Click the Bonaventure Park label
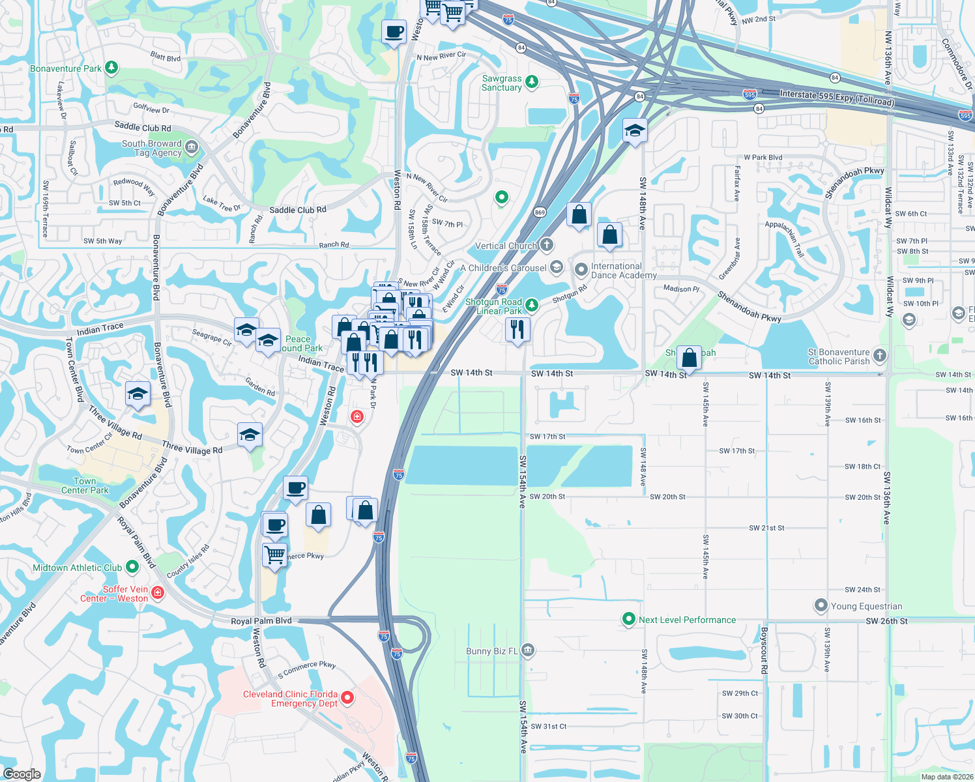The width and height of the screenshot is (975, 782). click(66, 68)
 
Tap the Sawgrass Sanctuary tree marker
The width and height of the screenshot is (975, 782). click(532, 81)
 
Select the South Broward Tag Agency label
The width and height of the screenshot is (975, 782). click(151, 148)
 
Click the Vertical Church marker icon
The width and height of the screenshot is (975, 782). click(547, 245)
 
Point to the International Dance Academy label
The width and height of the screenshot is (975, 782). click(624, 270)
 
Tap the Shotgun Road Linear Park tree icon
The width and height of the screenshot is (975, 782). click(532, 304)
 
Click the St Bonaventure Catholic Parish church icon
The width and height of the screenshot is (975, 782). click(880, 355)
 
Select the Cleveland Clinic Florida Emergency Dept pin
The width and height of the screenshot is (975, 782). click(347, 698)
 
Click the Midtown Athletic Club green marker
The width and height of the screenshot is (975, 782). click(132, 567)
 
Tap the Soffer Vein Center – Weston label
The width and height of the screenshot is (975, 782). click(115, 594)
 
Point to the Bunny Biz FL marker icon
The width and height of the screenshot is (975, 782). click(528, 650)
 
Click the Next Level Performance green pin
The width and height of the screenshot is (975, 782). click(628, 619)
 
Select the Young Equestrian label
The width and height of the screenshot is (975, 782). click(866, 606)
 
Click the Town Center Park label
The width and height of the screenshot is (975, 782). click(85, 485)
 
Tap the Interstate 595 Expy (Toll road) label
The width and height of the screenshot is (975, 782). click(837, 98)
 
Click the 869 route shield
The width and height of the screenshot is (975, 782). click(540, 212)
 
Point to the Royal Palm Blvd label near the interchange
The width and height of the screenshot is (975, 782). click(261, 621)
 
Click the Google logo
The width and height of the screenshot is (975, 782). click(22, 774)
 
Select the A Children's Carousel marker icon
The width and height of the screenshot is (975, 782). click(556, 267)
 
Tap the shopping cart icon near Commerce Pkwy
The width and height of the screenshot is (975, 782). click(274, 556)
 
